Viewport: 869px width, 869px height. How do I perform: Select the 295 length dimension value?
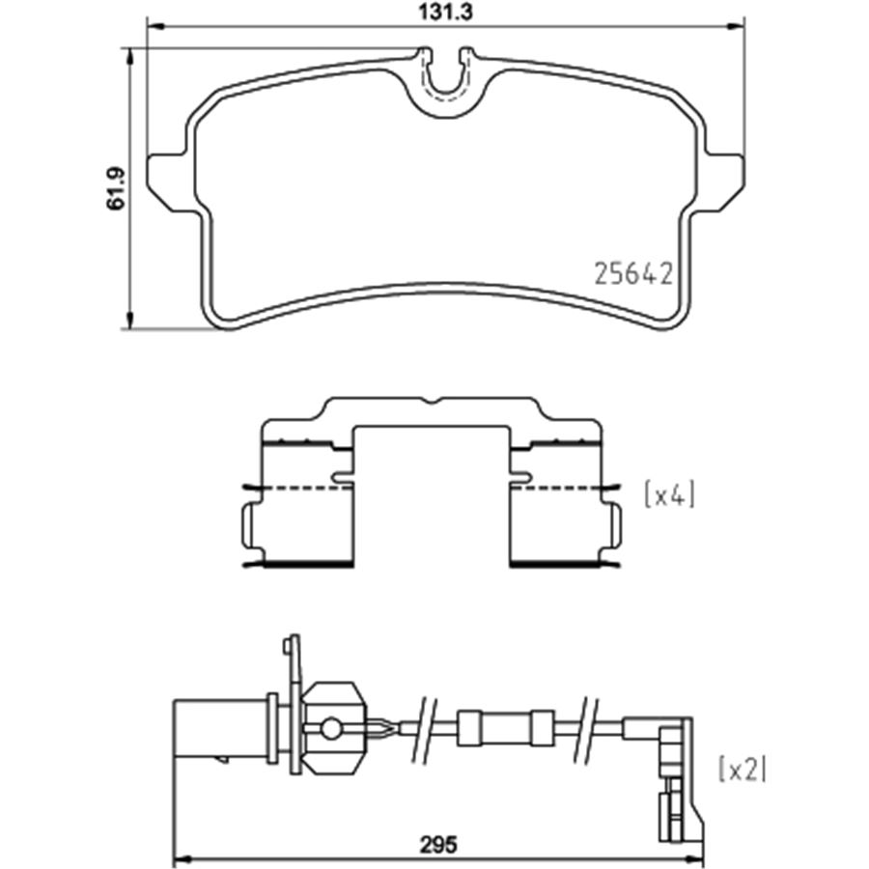[437, 842]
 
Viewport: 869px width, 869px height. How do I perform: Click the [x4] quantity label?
[668, 495]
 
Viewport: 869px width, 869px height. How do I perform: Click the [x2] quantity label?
[742, 769]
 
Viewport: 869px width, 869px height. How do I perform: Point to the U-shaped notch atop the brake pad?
[445, 77]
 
